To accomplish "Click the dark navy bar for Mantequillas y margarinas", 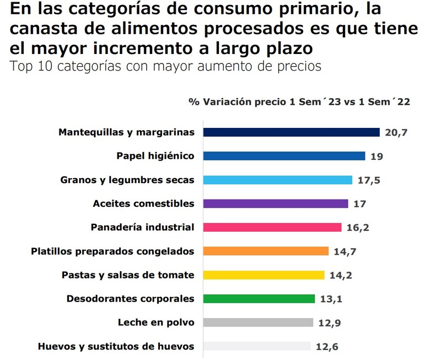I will point(291,132).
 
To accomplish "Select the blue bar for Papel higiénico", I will point(284,156).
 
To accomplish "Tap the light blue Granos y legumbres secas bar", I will point(277,180).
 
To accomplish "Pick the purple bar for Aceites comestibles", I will point(276,203).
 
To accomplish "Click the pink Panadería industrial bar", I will point(272,227).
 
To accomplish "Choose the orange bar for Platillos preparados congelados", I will point(266,251).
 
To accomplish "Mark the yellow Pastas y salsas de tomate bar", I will point(264,275).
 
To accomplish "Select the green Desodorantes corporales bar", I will point(259,299).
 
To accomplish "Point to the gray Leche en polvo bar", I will point(258,323).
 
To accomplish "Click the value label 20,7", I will point(396,133).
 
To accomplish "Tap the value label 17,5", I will point(368,180).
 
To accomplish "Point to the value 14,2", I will point(341,275).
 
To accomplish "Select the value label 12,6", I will point(327,347).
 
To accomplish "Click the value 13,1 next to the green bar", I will point(331,299).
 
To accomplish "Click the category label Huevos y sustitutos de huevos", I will point(116,346).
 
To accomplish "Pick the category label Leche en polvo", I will point(156,323).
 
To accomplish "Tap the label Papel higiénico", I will point(155,156).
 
